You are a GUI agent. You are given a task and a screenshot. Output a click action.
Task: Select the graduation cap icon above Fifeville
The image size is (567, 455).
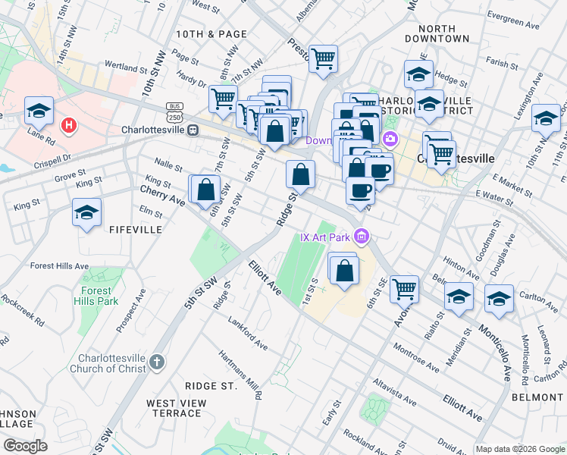87,212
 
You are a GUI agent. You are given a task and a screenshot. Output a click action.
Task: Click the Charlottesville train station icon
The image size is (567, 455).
194,130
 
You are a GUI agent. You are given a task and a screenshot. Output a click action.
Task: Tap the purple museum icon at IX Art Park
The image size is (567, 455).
362,237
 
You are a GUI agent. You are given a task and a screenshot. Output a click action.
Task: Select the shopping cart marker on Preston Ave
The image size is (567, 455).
324,58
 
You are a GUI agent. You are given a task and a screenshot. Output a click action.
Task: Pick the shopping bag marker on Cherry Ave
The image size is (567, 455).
205,190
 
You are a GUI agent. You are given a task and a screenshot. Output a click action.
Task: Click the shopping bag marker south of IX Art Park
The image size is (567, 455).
343,270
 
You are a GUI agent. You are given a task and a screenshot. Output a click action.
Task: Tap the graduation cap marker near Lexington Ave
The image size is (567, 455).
546,118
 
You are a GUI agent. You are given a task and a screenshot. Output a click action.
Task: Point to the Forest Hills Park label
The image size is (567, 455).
97,295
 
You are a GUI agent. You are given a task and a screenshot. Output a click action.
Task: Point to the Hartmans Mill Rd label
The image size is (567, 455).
240,374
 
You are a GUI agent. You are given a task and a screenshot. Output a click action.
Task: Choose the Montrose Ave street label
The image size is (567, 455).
416,357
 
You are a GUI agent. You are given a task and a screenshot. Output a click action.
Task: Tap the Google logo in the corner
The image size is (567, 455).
25,446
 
